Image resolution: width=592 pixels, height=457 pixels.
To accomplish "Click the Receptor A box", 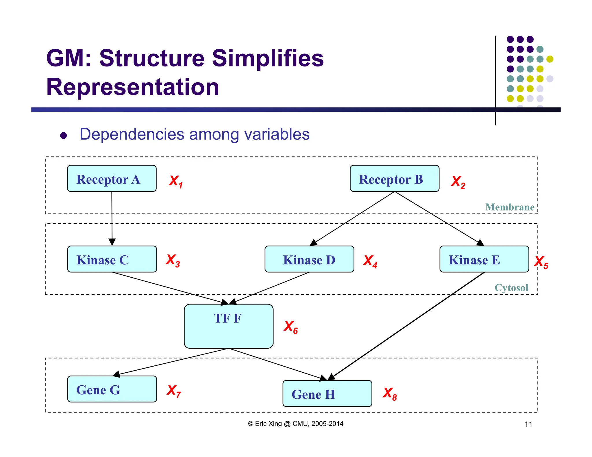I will coord(112,179).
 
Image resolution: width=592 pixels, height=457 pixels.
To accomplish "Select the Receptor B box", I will coord(394,179).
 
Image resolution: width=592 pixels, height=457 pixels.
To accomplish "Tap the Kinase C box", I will coord(112,259).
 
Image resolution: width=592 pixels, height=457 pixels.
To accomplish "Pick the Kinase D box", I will coord(309,259).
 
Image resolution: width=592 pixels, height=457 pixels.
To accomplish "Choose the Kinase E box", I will coord(484,259).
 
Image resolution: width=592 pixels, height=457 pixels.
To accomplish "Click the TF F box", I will coord(228,326).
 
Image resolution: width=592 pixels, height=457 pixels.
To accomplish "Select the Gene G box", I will coord(112,389).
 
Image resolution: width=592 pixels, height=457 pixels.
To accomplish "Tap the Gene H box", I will coord(327,393).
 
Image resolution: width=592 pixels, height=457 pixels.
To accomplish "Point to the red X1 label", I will coord(175,181).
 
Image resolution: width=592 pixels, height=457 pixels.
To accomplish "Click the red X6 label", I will coord(291,327).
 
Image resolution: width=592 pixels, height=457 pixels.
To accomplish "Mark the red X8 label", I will coord(390,393).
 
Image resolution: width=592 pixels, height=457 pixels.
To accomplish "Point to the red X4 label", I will coord(370,261).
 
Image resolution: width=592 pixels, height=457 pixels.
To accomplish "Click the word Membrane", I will coord(510,207).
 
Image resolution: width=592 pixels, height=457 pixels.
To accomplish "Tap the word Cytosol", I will coord(511,288).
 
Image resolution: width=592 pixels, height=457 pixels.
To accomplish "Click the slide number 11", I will coord(528,424).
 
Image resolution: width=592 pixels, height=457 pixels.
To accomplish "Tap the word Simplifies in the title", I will coord(268,58).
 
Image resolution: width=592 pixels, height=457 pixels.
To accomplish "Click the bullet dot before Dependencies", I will coord(64,135).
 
